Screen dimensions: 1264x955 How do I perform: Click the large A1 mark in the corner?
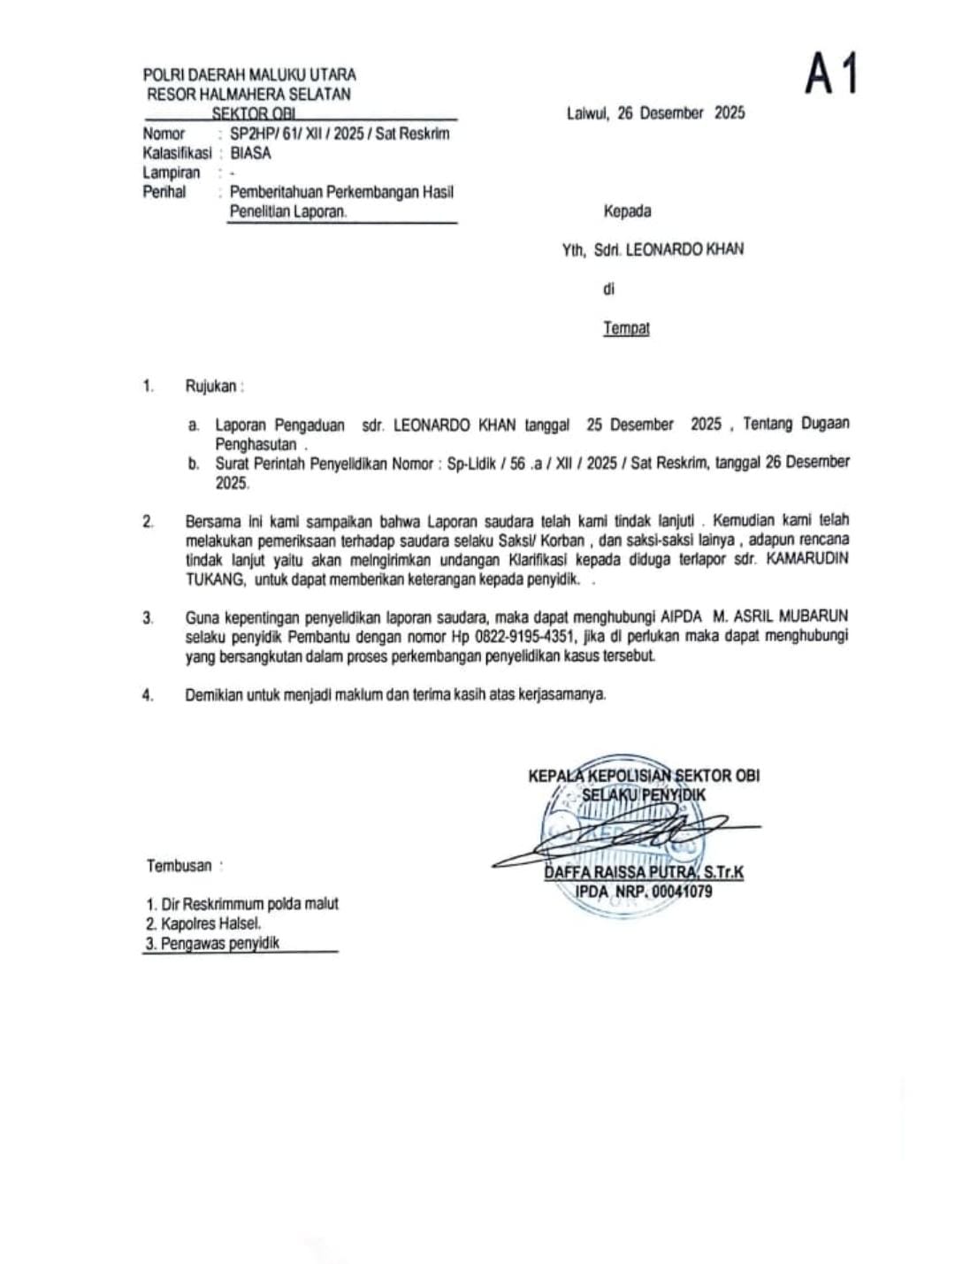[x=831, y=73]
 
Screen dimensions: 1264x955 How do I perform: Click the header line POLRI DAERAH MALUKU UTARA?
[x=249, y=75]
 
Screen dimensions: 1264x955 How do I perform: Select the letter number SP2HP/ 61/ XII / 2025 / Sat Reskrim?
[x=340, y=134]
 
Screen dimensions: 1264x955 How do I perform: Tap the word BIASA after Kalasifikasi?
[x=250, y=153]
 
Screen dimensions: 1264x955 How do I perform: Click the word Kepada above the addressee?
[x=627, y=211]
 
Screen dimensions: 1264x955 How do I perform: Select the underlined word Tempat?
[x=626, y=328]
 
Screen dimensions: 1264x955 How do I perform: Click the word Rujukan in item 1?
[x=211, y=386]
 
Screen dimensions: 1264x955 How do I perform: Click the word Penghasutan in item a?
[x=256, y=444]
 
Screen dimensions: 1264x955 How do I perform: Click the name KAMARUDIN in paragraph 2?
[x=807, y=560]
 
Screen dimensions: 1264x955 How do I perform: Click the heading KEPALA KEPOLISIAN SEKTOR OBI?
[x=643, y=776]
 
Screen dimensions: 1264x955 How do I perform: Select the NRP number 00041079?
[x=682, y=892]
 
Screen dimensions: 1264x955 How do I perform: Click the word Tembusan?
[x=180, y=866]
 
